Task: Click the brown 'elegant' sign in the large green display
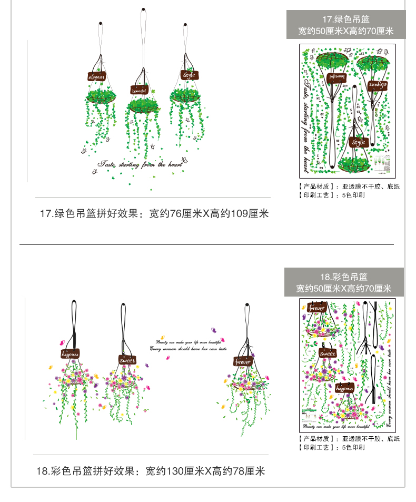(x=97, y=77)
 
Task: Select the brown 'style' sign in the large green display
(x=189, y=75)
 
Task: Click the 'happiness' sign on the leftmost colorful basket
(x=70, y=354)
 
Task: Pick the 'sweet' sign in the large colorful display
(x=127, y=360)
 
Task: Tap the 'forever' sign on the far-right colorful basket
(x=243, y=361)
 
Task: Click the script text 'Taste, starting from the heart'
(x=140, y=164)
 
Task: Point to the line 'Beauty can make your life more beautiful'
(x=188, y=342)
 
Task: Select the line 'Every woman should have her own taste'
(x=188, y=349)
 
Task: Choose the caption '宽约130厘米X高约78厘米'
(x=205, y=470)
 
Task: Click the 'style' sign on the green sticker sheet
(x=358, y=142)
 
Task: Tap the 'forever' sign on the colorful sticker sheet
(x=316, y=308)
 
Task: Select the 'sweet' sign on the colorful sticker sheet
(x=328, y=353)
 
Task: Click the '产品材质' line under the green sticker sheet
(x=349, y=186)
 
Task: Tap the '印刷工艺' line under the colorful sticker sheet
(x=331, y=447)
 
